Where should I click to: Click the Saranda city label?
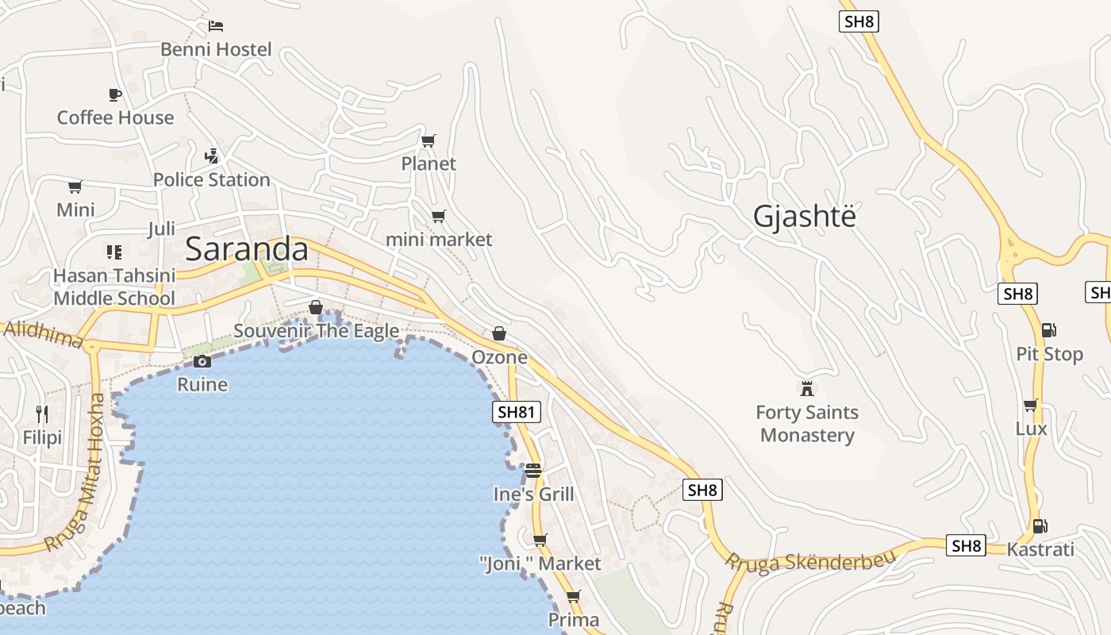pos(247,249)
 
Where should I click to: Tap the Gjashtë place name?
pos(805,216)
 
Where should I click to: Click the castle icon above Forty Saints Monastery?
pos(807,388)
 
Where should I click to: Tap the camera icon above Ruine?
pos(202,362)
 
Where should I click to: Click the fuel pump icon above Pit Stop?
pos(1048,329)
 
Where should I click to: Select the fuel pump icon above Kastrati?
pos(1039,525)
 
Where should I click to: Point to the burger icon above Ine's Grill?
pos(532,470)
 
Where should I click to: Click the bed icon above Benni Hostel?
pos(216,25)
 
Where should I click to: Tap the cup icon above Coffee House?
pos(115,94)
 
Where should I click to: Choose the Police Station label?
pos(212,179)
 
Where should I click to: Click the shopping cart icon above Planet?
pos(428,140)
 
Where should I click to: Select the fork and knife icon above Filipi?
pos(42,414)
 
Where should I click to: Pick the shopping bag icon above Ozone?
pos(499,333)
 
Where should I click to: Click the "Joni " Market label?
pos(540,564)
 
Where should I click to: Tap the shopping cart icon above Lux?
pos(1031,406)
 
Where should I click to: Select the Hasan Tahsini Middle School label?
pos(114,287)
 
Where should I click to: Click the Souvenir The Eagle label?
pos(316,331)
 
